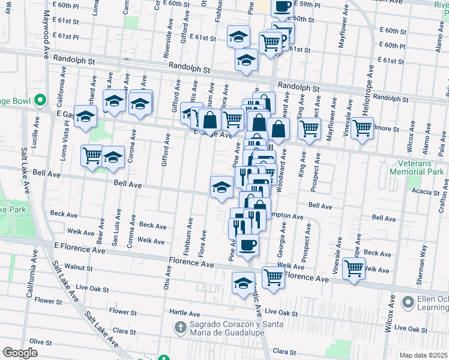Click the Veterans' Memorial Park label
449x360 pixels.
click(420, 167)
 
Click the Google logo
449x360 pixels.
click(20, 353)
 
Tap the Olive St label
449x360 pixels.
click(41, 341)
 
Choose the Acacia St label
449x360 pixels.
click(426, 192)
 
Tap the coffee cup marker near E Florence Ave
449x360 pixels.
click(247, 245)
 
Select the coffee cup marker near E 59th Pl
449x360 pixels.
click(282, 8)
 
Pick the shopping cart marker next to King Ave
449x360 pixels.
click(309, 128)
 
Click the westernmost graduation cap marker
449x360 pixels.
click(86, 116)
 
